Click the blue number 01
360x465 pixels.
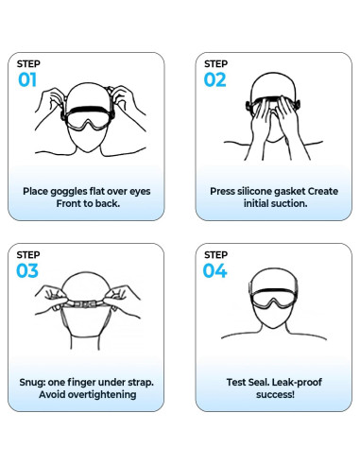click(x=26, y=80)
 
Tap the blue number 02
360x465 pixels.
click(x=215, y=80)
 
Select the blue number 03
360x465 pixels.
click(x=27, y=272)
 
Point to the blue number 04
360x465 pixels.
click(x=215, y=272)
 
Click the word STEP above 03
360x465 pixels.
click(x=28, y=254)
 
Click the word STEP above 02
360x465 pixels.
click(x=216, y=63)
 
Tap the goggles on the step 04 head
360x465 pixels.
click(x=271, y=292)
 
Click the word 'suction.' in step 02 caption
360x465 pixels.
click(x=287, y=203)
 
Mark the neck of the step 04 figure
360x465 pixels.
click(x=271, y=326)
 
